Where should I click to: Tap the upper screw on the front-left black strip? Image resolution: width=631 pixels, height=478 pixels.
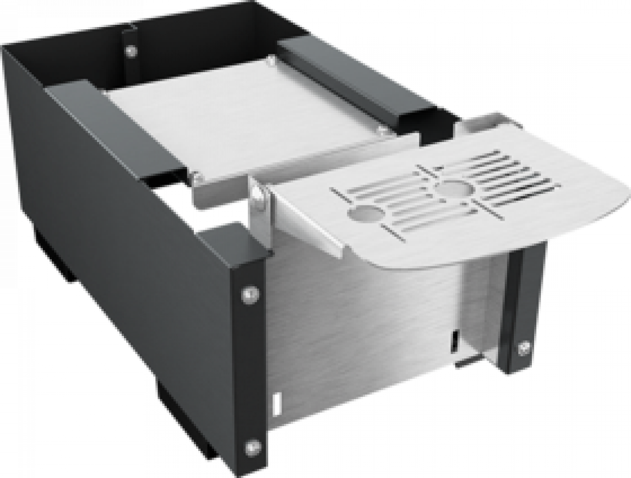248,293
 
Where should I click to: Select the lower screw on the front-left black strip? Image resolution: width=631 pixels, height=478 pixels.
251,445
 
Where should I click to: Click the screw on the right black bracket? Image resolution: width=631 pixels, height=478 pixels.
525,347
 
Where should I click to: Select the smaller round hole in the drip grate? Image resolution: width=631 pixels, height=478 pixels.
366,214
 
